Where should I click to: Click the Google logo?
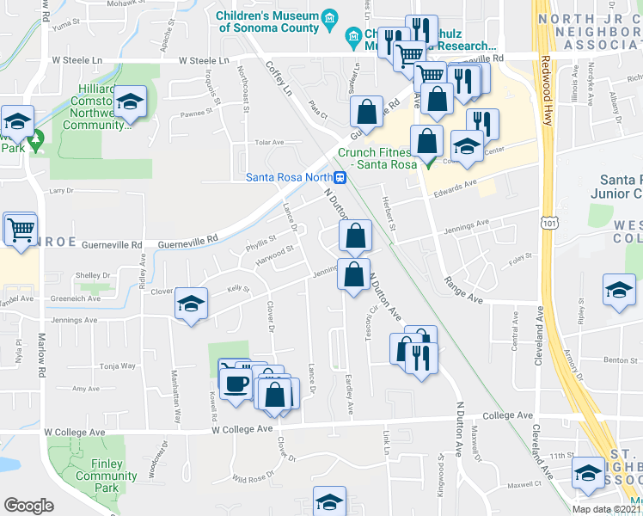(28, 506)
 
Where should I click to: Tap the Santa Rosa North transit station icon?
(341, 178)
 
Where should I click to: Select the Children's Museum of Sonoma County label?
(266, 21)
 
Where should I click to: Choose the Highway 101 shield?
(547, 223)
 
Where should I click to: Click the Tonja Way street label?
(117, 366)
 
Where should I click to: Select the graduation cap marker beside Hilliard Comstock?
(131, 103)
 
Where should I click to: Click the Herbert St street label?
(388, 212)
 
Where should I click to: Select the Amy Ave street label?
(86, 389)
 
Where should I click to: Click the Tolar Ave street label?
(269, 143)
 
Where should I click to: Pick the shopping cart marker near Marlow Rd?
(21, 228)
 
